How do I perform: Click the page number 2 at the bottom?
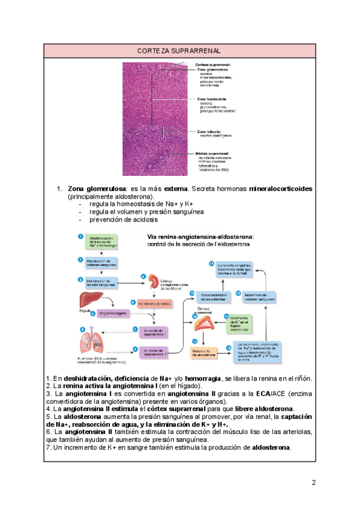tap(313, 483)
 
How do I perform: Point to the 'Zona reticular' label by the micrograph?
tap(207, 131)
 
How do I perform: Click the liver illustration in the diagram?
tap(87, 301)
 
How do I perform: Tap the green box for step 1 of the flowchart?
tap(100, 241)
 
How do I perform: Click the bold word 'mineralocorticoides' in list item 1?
tap(280, 188)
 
